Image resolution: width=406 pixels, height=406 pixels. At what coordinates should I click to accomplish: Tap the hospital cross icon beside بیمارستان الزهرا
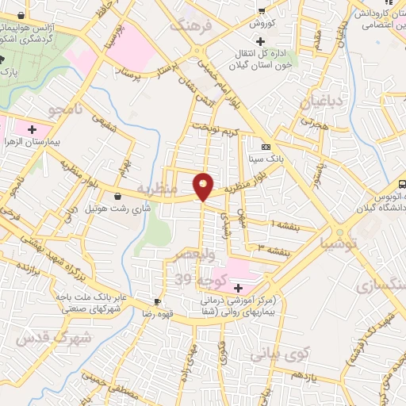[32, 128]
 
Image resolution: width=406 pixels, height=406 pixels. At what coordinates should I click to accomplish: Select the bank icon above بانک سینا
[266, 147]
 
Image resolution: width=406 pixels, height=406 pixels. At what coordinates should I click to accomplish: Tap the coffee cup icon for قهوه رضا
[158, 301]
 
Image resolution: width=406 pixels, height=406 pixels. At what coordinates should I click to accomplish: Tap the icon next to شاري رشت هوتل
[118, 196]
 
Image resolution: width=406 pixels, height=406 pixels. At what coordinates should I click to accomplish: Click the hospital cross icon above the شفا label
[238, 287]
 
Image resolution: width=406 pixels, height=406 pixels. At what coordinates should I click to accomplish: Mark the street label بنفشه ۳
[272, 248]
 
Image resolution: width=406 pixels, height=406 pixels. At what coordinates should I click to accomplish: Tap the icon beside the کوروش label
[261, 10]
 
